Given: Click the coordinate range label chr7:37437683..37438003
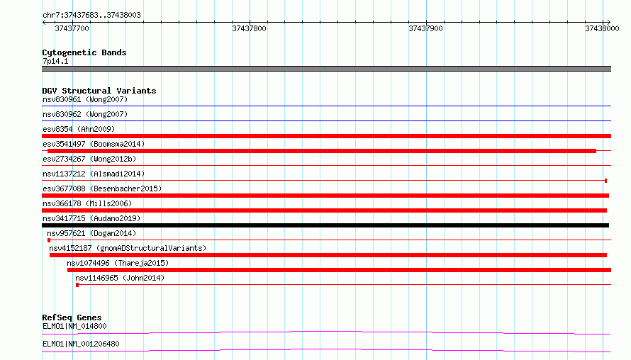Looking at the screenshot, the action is click(91, 15).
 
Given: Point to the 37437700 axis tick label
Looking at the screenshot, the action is click(72, 28).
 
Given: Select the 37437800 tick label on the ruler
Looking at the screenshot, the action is click(249, 28).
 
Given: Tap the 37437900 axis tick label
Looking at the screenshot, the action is click(425, 28).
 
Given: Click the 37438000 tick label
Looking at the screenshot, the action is click(602, 28).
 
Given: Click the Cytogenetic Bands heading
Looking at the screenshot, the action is click(84, 52).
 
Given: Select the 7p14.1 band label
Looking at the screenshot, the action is click(55, 61).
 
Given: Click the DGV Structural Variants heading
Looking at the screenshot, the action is click(99, 91).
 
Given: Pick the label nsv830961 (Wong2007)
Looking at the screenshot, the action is click(85, 99).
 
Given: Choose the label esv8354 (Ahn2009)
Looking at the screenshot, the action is click(79, 129).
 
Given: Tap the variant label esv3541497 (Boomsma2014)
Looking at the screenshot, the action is click(94, 144).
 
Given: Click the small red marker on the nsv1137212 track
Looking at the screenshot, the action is click(605, 181).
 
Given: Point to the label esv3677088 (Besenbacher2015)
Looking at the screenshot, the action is click(102, 189).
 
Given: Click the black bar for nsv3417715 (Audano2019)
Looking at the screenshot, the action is click(325, 225).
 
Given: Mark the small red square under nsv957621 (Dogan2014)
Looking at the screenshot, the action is click(49, 240).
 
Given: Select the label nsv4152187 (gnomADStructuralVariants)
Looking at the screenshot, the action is click(128, 248).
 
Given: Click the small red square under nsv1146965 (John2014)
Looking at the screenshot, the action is click(77, 285).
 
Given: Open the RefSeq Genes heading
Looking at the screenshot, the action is click(72, 317).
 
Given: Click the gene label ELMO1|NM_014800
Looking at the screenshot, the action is click(74, 326).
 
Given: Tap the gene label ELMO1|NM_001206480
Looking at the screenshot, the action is click(81, 344).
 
